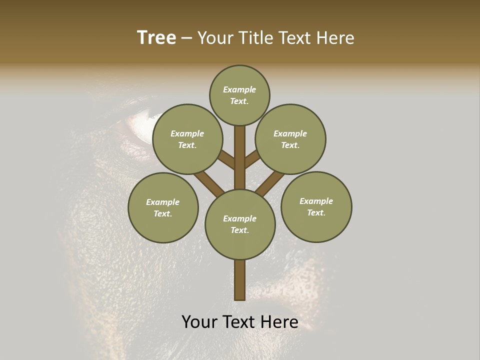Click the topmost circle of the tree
tap(239, 95)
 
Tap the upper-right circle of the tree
tap(290, 139)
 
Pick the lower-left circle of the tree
tap(163, 207)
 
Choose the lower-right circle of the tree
tap(316, 206)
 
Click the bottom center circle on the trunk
tap(240, 224)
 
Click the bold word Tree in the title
tap(156, 37)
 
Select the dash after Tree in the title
tap(186, 38)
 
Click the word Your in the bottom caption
tap(199, 322)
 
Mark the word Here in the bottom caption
tap(279, 322)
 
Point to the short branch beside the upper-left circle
tap(226, 160)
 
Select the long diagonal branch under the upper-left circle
tap(209, 183)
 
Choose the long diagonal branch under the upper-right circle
tap(270, 183)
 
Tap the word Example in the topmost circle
tap(239, 89)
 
